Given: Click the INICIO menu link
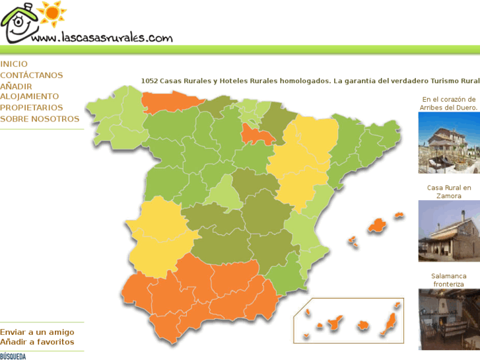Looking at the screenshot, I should click(x=14, y=64).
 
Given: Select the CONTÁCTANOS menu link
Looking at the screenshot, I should click(x=32, y=75).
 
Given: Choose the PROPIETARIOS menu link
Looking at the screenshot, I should click(x=32, y=108).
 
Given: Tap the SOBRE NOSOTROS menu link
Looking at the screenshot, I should click(x=40, y=119).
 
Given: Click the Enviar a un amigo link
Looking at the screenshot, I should click(x=37, y=332).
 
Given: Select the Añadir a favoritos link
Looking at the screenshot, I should click(x=37, y=342).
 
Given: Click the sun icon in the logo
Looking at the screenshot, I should click(x=51, y=13).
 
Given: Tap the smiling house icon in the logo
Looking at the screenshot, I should click(x=18, y=24).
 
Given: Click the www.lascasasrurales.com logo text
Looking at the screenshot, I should click(x=102, y=38).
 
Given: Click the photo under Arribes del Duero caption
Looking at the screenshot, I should click(x=449, y=143).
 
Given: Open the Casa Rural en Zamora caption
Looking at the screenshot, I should click(x=449, y=192).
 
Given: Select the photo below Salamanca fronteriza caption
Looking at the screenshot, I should click(x=449, y=319).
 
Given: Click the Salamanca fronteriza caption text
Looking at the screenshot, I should click(x=449, y=280).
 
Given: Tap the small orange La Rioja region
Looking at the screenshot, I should click(x=254, y=135).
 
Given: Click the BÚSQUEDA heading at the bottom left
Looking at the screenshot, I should click(x=13, y=357).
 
